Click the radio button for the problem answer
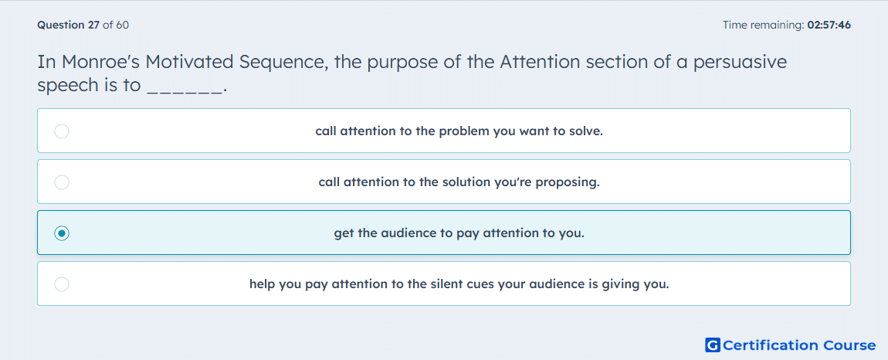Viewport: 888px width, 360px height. [62, 131]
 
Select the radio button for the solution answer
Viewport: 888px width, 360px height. [62, 182]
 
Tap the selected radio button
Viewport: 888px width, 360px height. [62, 233]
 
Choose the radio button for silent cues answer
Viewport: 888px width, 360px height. [62, 284]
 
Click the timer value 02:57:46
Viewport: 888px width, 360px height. [829, 25]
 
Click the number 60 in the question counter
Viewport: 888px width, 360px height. [122, 25]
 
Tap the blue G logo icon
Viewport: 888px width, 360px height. [713, 345]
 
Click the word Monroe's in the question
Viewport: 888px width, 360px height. [103, 61]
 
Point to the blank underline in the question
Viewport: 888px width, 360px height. [184, 91]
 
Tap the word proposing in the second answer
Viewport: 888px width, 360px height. [568, 183]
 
